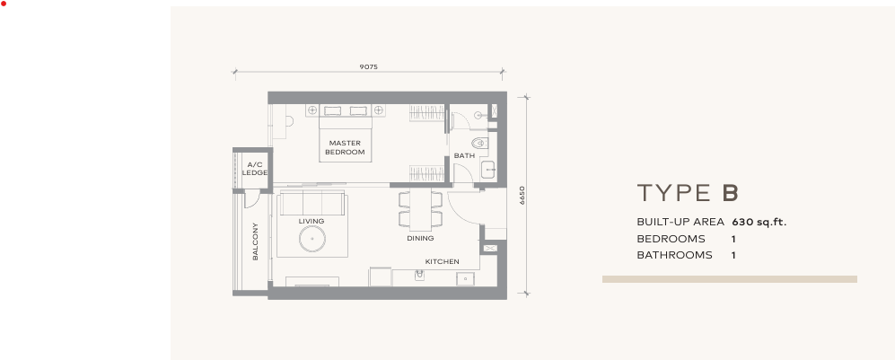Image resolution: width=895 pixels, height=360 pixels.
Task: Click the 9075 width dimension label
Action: pyautogui.click(x=368, y=66)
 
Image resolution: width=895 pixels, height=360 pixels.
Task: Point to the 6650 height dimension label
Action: pyautogui.click(x=522, y=196)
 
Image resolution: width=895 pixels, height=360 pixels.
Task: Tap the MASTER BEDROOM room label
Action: pyautogui.click(x=345, y=148)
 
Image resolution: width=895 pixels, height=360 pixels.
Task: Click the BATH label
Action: pyautogui.click(x=464, y=156)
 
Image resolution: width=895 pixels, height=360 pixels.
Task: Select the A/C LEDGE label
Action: pyautogui.click(x=255, y=169)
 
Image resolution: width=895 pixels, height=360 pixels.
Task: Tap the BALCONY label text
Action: pyautogui.click(x=256, y=241)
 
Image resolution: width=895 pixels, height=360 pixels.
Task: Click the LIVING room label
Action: pyautogui.click(x=311, y=221)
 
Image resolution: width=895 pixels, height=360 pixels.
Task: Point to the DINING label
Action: pyautogui.click(x=420, y=239)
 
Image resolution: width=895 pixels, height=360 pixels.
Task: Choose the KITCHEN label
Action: pyautogui.click(x=442, y=262)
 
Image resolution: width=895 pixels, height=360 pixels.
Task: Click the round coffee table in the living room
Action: pyautogui.click(x=312, y=239)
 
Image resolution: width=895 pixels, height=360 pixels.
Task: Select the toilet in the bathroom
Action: pyautogui.click(x=479, y=143)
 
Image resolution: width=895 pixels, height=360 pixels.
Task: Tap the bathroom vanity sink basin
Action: pyautogui.click(x=489, y=168)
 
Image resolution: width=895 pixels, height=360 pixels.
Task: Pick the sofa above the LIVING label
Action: pyautogui.click(x=311, y=203)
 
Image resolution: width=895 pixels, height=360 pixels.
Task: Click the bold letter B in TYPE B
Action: pyautogui.click(x=730, y=193)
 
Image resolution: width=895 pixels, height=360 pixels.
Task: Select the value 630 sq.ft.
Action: pyautogui.click(x=759, y=222)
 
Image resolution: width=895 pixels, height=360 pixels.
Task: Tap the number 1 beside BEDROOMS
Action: pyautogui.click(x=733, y=239)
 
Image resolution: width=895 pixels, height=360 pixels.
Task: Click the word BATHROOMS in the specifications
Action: pyautogui.click(x=674, y=255)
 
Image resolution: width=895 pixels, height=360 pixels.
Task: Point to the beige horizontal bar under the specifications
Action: pyautogui.click(x=729, y=279)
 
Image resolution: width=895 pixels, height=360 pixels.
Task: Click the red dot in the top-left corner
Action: pyautogui.click(x=4, y=4)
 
